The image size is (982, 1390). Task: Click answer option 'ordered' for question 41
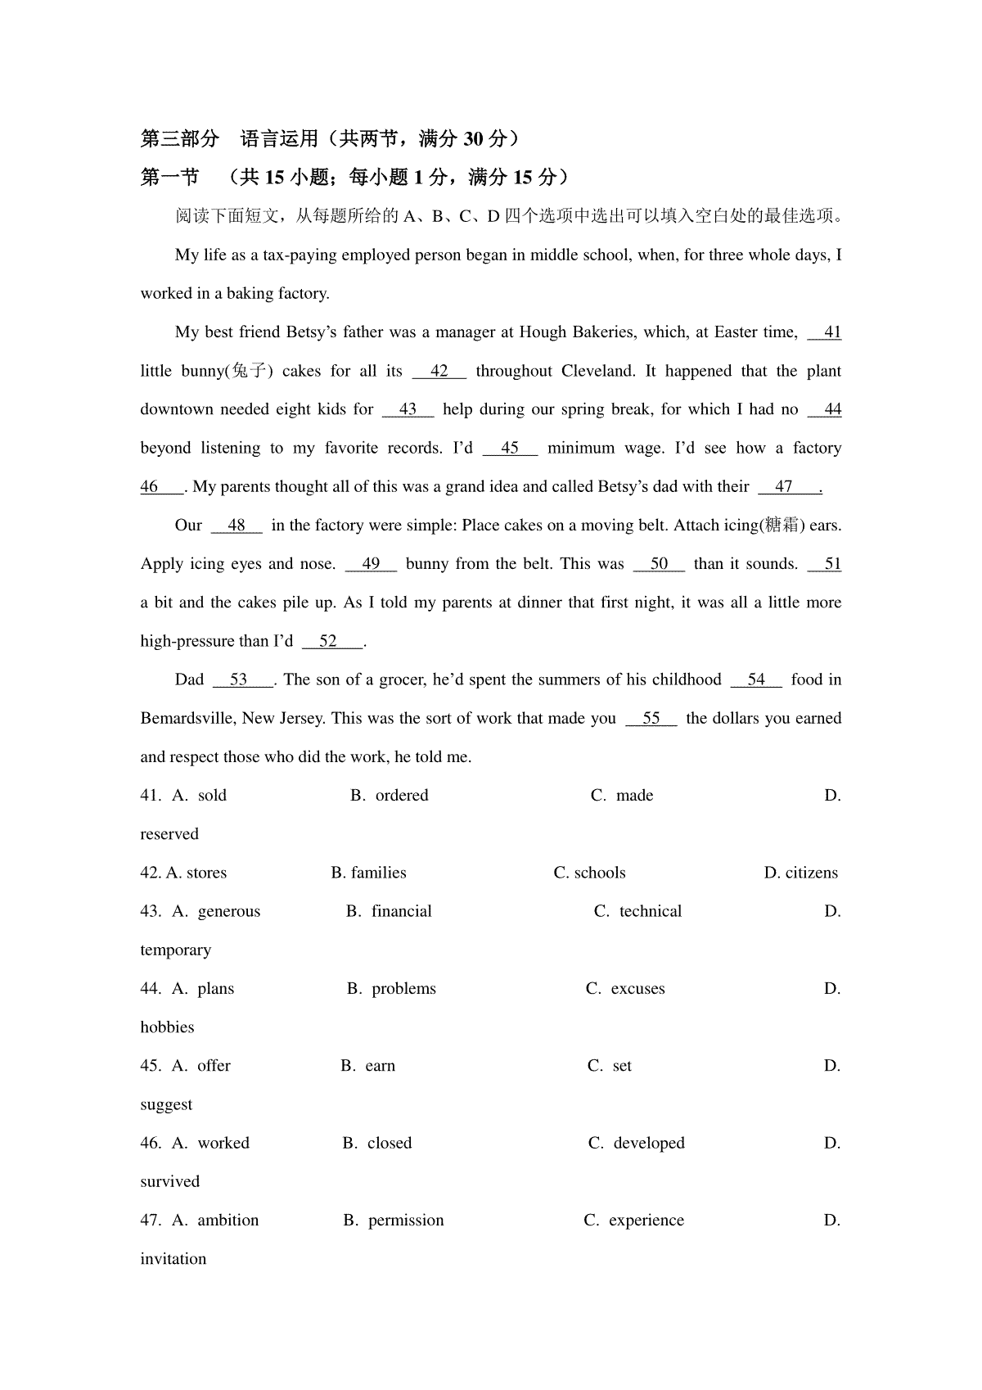click(401, 796)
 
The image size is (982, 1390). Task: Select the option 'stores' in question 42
click(206, 873)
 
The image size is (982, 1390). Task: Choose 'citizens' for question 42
click(811, 873)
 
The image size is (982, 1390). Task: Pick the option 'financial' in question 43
click(401, 911)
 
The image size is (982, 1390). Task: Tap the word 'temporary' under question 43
click(175, 950)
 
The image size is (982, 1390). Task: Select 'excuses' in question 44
click(637, 989)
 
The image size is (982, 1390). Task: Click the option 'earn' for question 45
click(380, 1066)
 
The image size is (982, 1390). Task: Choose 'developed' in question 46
click(649, 1143)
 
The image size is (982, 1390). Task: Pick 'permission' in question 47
click(406, 1221)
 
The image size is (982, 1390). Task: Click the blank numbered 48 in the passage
click(236, 526)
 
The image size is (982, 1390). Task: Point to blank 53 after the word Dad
click(240, 679)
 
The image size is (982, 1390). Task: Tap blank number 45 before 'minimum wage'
click(510, 448)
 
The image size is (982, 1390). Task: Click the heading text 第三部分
click(180, 139)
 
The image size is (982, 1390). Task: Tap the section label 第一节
click(169, 178)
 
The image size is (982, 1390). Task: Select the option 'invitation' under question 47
click(173, 1259)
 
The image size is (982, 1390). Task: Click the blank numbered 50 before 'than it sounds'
click(659, 564)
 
